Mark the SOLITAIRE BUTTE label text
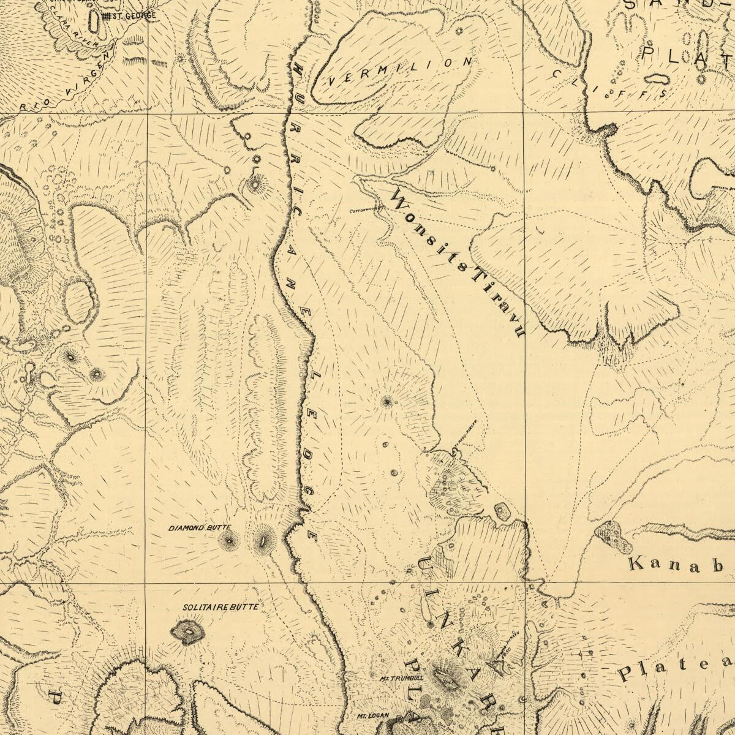212,608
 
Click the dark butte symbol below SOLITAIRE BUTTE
188,631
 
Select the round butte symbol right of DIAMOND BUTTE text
230,540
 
